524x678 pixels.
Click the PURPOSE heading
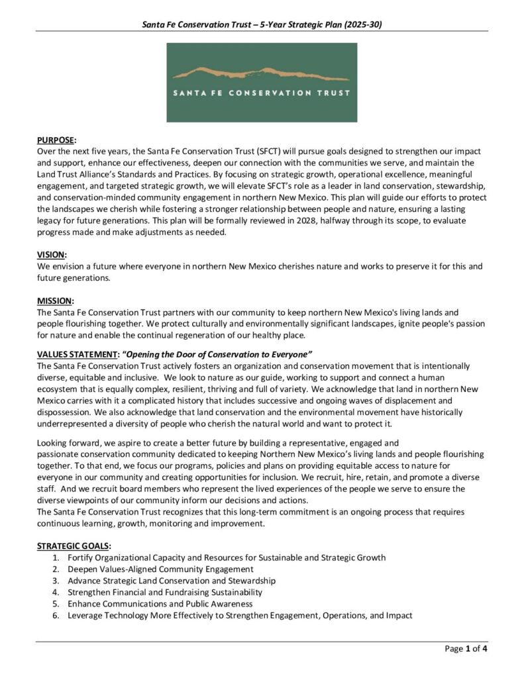point(56,140)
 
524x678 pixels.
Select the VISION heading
point(52,255)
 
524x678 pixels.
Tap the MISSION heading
point(55,300)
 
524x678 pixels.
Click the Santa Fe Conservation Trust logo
point(262,83)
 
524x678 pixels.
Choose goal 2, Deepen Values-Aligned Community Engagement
point(160,569)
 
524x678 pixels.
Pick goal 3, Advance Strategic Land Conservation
point(172,581)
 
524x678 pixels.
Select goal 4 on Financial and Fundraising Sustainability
point(165,592)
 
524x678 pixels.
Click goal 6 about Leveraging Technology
point(240,615)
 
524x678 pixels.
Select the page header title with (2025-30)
point(262,24)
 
